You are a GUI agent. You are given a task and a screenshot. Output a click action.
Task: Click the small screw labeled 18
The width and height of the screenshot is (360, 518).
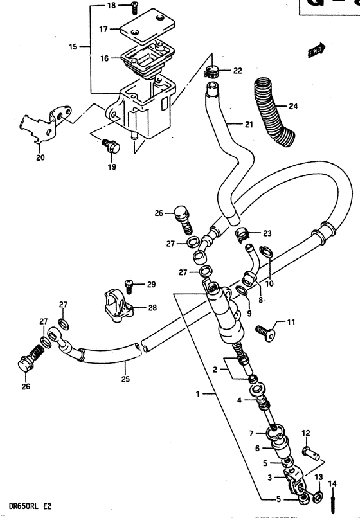click(135, 6)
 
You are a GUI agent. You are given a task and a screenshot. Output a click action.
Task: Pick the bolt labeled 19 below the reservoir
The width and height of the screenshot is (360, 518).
click(113, 147)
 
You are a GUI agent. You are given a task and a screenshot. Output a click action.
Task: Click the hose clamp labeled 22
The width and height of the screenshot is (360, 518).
click(215, 70)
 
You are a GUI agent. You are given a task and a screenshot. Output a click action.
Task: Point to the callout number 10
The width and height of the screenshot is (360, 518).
click(269, 283)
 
